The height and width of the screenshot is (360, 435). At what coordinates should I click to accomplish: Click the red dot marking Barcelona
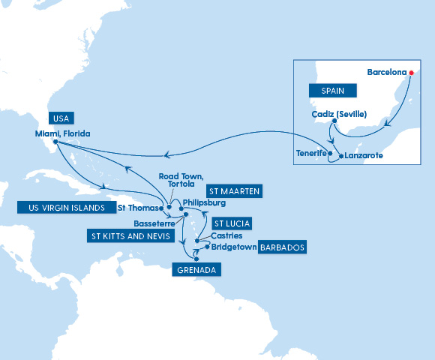(x=412, y=73)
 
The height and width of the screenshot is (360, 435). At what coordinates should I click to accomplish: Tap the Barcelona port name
(x=387, y=73)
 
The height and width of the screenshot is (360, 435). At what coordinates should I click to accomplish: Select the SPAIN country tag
(x=332, y=89)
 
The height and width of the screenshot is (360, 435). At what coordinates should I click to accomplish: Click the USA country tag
(x=60, y=118)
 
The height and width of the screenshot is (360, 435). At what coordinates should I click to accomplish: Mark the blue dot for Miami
(x=56, y=142)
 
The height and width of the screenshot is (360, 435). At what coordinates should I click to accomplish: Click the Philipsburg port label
(x=204, y=202)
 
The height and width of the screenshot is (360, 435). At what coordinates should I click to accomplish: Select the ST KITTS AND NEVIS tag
(x=125, y=236)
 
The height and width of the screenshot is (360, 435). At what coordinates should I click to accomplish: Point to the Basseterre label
(x=155, y=223)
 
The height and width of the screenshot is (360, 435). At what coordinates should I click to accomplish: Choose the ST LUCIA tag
(x=231, y=223)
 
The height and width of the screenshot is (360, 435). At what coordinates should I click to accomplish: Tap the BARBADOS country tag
(x=282, y=246)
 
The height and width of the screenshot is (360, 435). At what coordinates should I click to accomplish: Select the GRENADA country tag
(x=196, y=269)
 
